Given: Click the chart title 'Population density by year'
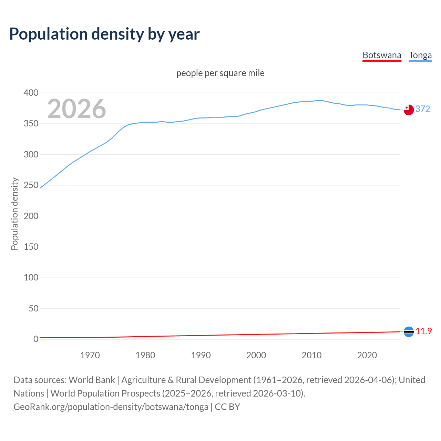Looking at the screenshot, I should click(104, 34).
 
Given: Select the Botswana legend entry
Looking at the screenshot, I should click(382, 55).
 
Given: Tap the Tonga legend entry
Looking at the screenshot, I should click(420, 55).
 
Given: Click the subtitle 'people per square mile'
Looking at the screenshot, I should click(220, 73).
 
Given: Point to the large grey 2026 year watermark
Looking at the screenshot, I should click(76, 109).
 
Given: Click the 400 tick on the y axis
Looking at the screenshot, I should click(31, 93).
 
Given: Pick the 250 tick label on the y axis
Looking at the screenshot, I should click(31, 185).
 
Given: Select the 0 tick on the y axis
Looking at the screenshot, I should click(36, 339).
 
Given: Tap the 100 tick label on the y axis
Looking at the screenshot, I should click(31, 278).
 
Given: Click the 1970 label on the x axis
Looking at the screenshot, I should click(90, 355).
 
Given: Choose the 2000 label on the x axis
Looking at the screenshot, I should click(256, 355).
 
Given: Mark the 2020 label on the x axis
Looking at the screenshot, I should click(367, 355).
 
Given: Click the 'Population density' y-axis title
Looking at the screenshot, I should click(14, 214).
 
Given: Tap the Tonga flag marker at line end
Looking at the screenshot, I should click(409, 110).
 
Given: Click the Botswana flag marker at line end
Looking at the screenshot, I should click(409, 332).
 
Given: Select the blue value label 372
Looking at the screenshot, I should click(423, 109).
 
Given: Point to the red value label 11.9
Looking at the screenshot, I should click(423, 331).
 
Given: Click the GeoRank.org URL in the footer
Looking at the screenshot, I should click(111, 407).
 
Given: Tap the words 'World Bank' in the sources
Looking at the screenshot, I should click(92, 380).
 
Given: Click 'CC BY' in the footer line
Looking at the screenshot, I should click(227, 407).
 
